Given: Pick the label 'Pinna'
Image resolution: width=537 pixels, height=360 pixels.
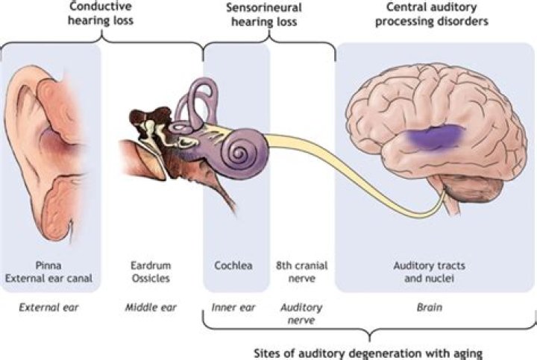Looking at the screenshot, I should [x=51, y=265].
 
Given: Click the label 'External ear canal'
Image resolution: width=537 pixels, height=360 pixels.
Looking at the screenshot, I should [x=51, y=278].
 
